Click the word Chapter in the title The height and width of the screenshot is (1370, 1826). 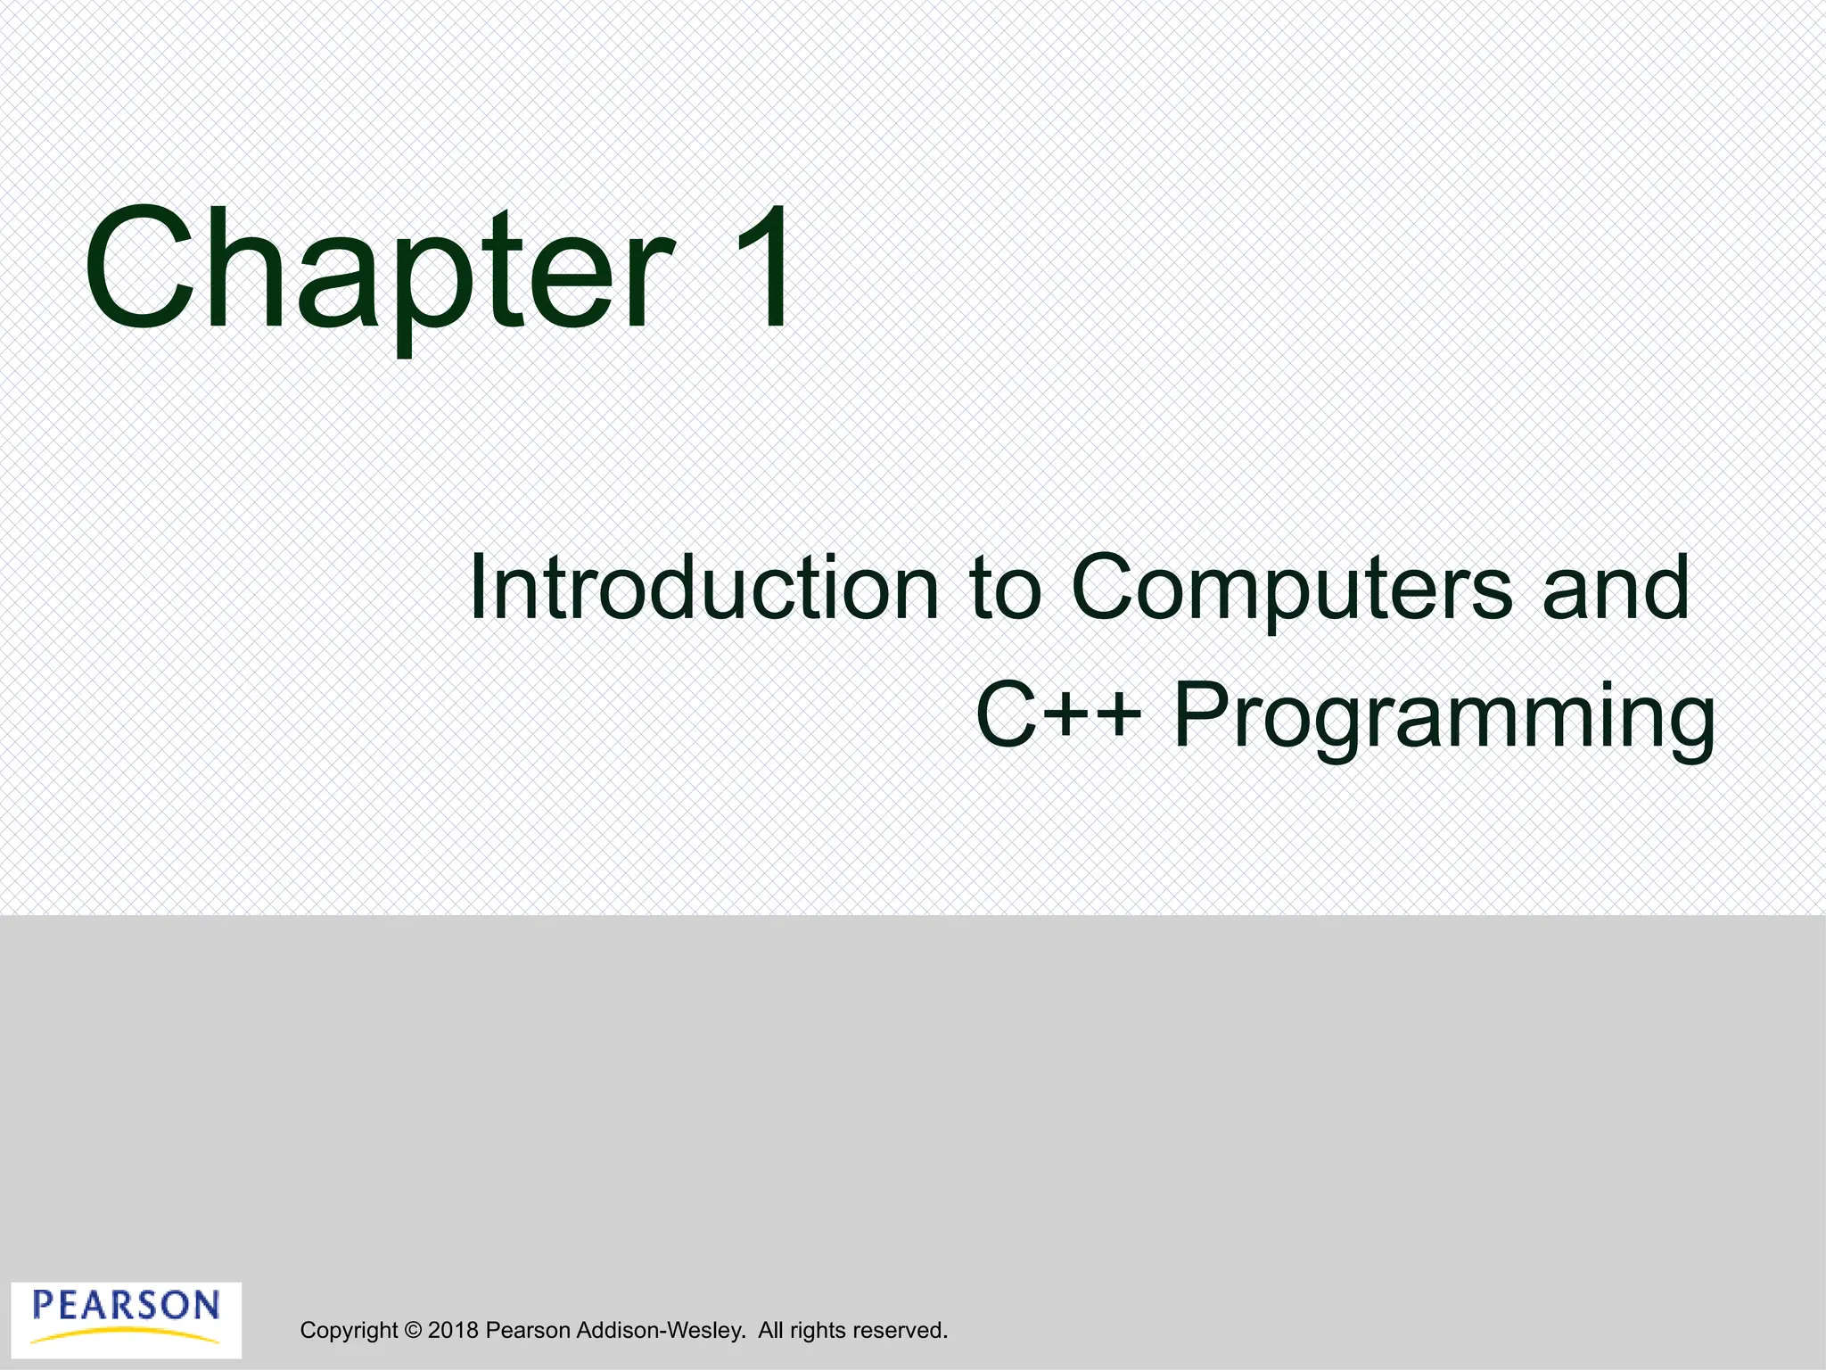pyautogui.click(x=378, y=272)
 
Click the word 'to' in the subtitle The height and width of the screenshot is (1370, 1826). pyautogui.click(x=1005, y=589)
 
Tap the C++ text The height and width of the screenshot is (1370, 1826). pyautogui.click(x=1058, y=715)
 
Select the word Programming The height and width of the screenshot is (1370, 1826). pyautogui.click(x=1444, y=718)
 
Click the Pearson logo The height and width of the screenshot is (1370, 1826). pyautogui.click(x=126, y=1319)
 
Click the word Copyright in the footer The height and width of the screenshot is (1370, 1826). pyautogui.click(x=349, y=1331)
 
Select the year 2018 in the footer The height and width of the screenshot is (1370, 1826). pyautogui.click(x=453, y=1331)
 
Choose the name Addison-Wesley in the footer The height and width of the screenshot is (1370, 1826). pyautogui.click(x=660, y=1331)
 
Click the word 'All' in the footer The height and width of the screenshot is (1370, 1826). pyautogui.click(x=770, y=1331)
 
